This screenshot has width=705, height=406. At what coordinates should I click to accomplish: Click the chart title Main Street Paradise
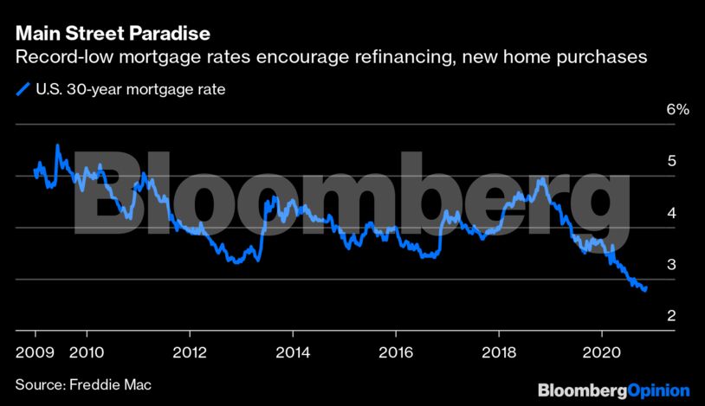tap(113, 34)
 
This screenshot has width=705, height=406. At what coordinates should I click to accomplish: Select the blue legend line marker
tap(23, 89)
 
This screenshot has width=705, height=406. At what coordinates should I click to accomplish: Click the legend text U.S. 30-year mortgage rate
tap(131, 89)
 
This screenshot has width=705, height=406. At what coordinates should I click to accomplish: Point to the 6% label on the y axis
tap(677, 109)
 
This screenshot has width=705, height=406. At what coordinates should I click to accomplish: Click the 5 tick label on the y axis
tap(671, 161)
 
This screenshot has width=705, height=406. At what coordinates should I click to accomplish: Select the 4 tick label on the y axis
tap(671, 213)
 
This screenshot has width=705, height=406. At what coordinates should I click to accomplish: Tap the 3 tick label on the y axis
tap(671, 264)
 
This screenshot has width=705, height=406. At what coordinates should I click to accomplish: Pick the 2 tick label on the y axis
tap(671, 316)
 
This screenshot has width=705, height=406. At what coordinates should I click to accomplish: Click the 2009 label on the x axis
tap(35, 352)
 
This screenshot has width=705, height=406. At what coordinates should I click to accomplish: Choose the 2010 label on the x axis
tap(87, 352)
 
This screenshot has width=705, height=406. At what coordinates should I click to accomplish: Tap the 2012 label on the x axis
tap(190, 352)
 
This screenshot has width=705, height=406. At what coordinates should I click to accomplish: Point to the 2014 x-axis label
tap(293, 352)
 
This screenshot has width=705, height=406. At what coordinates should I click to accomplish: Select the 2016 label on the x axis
tap(396, 352)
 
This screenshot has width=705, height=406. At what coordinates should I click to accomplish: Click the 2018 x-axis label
tap(499, 352)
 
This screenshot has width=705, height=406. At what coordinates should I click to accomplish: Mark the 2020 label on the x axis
tap(602, 352)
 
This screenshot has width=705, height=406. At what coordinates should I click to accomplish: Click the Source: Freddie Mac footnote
tap(83, 385)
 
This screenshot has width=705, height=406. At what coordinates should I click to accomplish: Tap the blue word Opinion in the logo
tap(658, 390)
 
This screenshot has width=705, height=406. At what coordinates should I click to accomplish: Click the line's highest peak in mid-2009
tap(57, 145)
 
